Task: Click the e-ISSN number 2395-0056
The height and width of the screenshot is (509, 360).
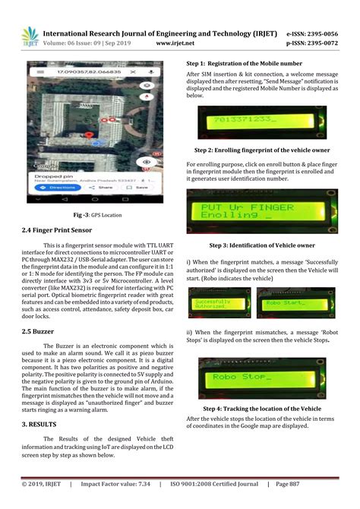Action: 321,34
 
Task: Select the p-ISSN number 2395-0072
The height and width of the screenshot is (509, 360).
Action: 321,44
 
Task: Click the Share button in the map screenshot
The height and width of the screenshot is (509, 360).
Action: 103,186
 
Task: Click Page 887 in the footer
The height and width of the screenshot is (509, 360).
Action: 292,483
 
